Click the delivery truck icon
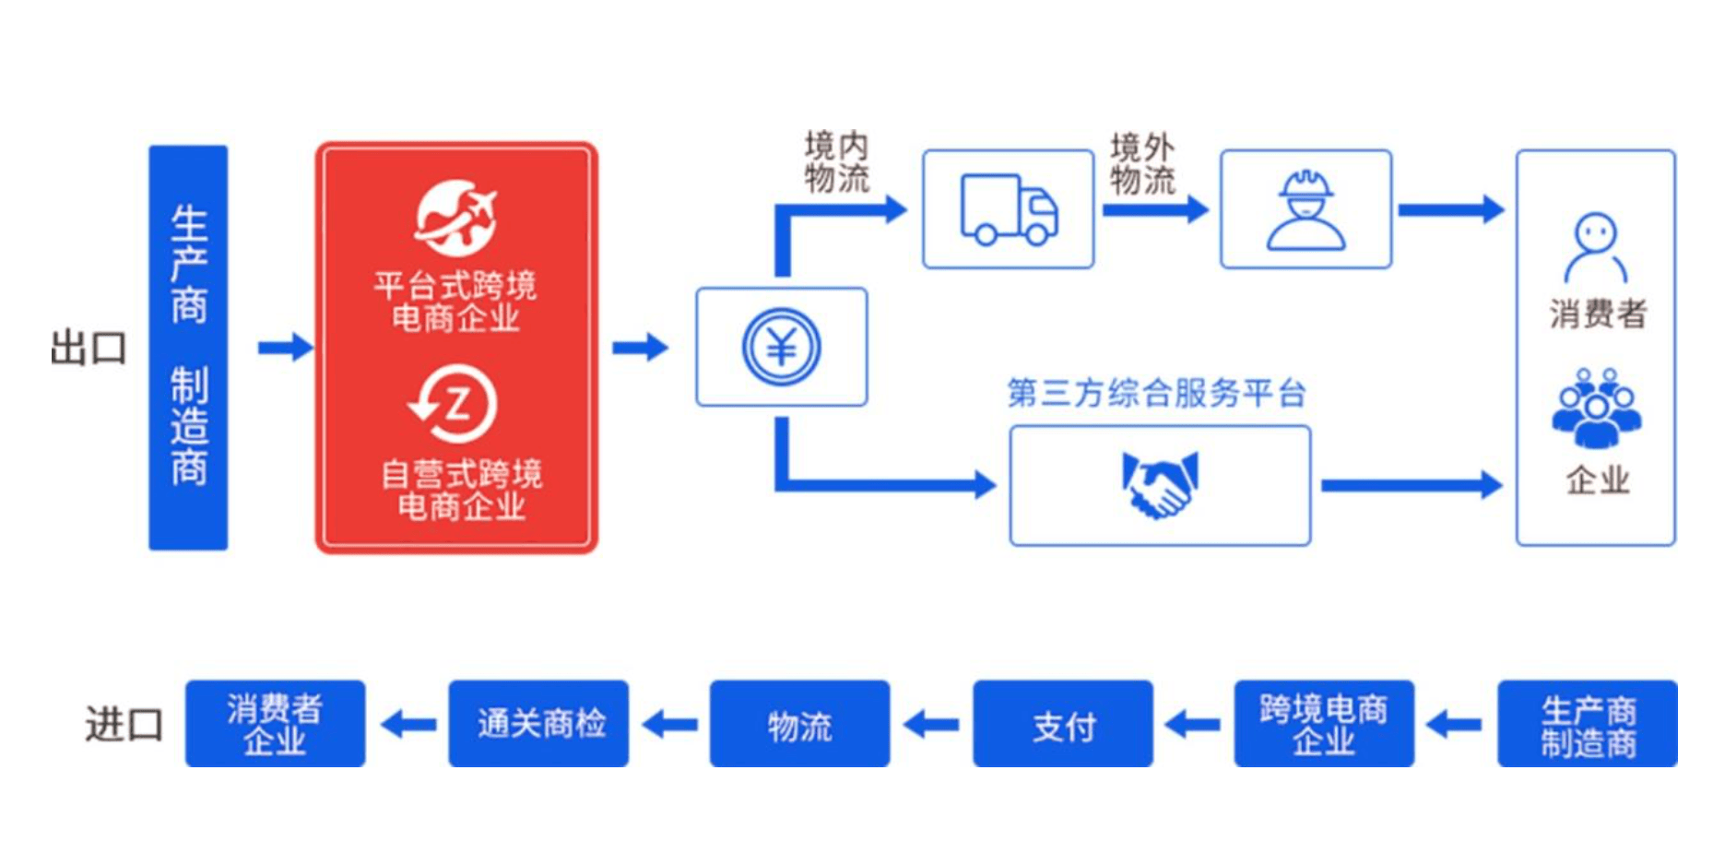(1009, 210)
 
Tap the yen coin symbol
(781, 347)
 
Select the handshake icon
(1160, 485)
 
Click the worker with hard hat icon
(1305, 210)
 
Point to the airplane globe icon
(455, 219)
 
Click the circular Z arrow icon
(454, 405)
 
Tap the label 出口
(89, 349)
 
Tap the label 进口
(124, 725)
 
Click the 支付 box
(1062, 725)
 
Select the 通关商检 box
(538, 725)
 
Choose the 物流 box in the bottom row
(799, 725)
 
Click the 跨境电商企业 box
(1323, 725)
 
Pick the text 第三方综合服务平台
(1156, 394)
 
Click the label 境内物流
(836, 162)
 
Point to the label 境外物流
(1142, 163)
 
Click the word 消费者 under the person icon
(1597, 314)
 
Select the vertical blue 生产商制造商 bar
(188, 348)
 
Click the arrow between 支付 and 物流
(931, 725)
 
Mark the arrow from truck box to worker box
(1155, 210)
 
